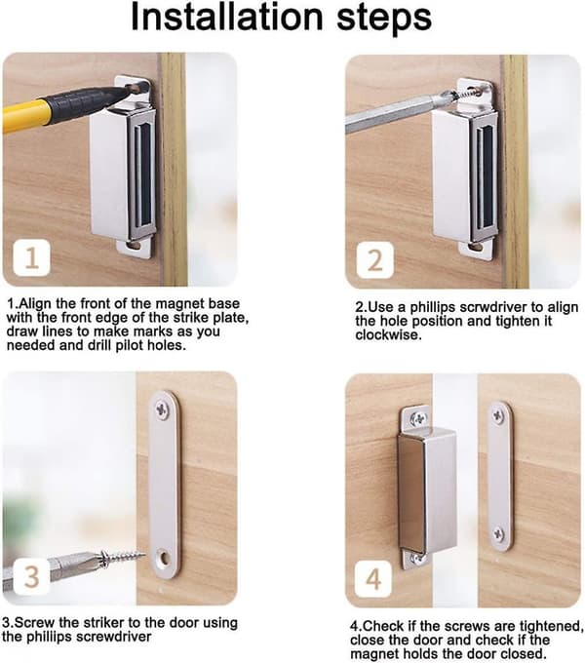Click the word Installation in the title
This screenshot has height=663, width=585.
coord(227,17)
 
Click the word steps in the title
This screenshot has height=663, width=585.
coord(384,19)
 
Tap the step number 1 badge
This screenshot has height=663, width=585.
coord(32,257)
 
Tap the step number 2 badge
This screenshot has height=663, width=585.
coord(375,260)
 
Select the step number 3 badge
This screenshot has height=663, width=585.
coord(32,576)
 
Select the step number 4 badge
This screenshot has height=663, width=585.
coord(373,579)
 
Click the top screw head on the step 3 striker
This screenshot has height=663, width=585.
coord(162,409)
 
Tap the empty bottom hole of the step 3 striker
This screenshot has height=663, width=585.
coord(164,559)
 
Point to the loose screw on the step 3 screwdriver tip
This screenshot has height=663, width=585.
coord(122,558)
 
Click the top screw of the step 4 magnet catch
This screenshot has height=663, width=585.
coord(419,418)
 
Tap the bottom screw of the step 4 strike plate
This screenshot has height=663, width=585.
coord(499,534)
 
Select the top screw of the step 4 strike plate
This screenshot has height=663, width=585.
coord(498,417)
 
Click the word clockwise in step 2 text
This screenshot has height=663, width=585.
coord(388,334)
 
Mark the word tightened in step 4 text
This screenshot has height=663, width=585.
coord(550,626)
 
